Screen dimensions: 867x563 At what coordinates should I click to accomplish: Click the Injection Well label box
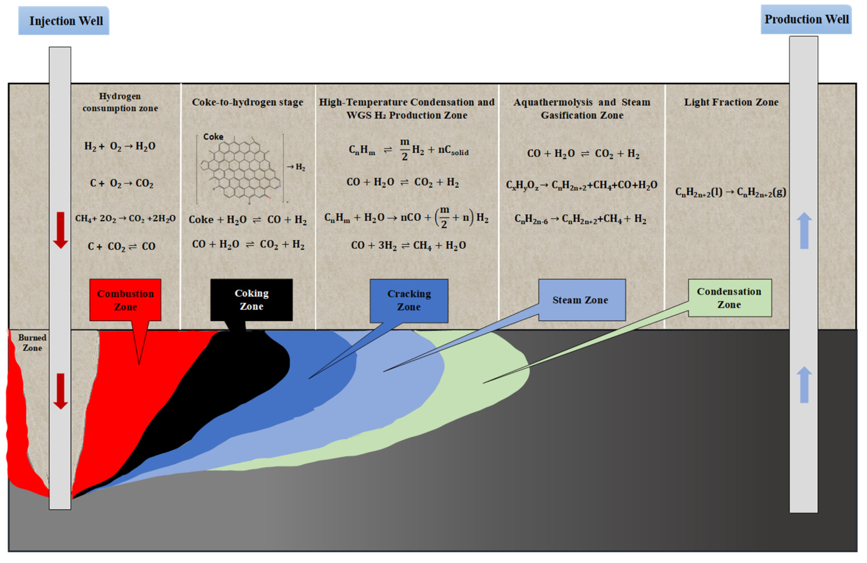pos(64,21)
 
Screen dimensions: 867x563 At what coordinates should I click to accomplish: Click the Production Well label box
pos(806,19)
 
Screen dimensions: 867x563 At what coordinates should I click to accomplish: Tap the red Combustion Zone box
pos(125,300)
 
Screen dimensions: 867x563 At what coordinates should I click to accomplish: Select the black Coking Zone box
pos(251,300)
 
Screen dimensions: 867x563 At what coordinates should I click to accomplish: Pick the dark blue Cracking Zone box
pos(409,300)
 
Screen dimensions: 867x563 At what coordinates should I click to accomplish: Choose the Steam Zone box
pos(581,300)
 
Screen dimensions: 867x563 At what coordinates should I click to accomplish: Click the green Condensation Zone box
pos(729,298)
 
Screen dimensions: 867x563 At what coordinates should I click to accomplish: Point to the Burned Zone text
pos(32,342)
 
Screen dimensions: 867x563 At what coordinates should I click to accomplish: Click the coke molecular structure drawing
pos(241,169)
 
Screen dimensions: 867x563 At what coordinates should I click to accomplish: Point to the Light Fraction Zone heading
pos(731,102)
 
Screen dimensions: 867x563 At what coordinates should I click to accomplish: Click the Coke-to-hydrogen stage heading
pos(247,102)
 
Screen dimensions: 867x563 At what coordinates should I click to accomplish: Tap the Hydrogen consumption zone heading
pos(120,102)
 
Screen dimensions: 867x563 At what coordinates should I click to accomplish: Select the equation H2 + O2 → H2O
pos(120,146)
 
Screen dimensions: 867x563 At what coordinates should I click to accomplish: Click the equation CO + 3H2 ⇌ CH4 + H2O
pos(408,245)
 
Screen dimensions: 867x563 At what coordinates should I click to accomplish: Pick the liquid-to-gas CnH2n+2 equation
pos(731,192)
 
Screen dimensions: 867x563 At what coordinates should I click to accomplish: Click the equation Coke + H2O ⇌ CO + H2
pos(248,220)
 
